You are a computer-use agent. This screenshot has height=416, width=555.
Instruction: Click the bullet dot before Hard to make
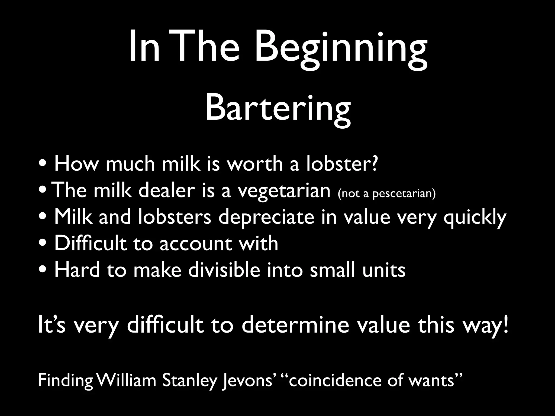pos(43,270)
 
